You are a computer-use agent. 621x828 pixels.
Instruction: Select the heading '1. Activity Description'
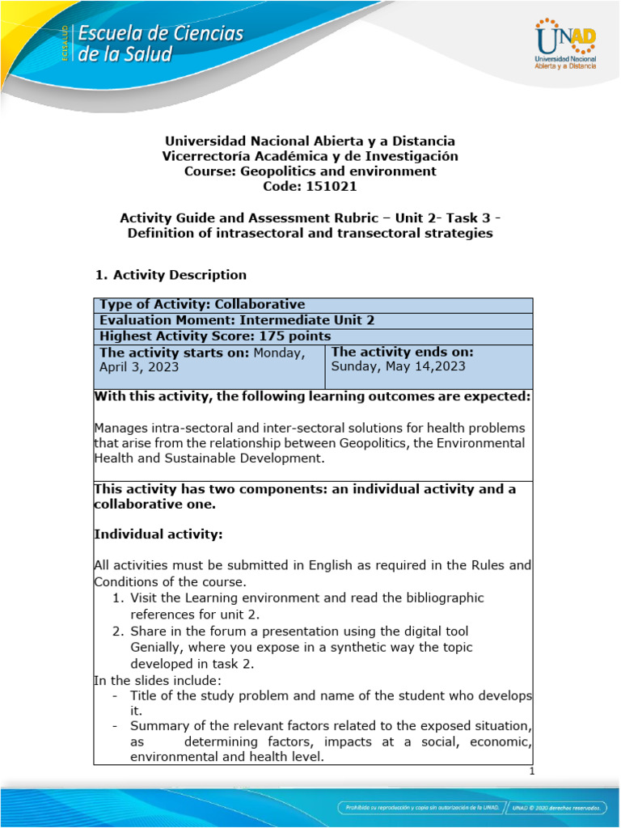coord(171,275)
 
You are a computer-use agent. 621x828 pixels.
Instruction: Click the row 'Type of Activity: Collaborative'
coord(201,305)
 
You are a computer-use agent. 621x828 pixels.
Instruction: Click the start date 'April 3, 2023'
coord(138,366)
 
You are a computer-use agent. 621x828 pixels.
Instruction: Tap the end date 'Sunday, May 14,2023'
coord(399,366)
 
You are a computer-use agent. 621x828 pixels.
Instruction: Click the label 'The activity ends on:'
coord(403,353)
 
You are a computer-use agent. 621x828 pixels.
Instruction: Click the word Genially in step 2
coord(158,648)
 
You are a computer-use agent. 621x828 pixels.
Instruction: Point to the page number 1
coord(531,771)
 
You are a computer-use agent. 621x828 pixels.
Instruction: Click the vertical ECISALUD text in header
coord(65,44)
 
